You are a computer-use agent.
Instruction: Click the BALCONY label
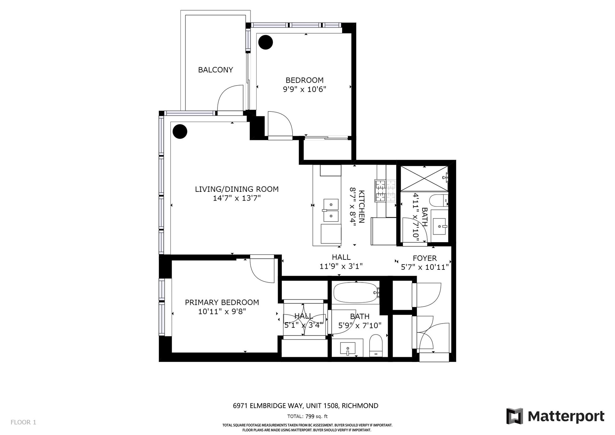(216, 70)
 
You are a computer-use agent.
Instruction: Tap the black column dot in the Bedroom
(266, 42)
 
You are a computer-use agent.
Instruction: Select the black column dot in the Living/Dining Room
(180, 131)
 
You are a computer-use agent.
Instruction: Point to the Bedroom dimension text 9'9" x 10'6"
(304, 89)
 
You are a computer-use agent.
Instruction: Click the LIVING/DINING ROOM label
(237, 189)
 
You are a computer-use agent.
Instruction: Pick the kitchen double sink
(331, 210)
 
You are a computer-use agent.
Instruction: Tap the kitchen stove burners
(386, 191)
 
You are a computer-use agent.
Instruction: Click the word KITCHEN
(362, 207)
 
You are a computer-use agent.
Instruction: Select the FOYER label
(425, 258)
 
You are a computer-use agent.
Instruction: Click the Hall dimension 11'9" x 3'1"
(341, 266)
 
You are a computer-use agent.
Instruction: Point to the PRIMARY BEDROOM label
(222, 302)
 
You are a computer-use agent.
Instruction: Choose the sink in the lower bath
(348, 348)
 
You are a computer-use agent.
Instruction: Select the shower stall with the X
(424, 178)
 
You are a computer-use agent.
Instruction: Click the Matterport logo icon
(514, 416)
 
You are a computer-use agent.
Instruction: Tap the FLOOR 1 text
(23, 423)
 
